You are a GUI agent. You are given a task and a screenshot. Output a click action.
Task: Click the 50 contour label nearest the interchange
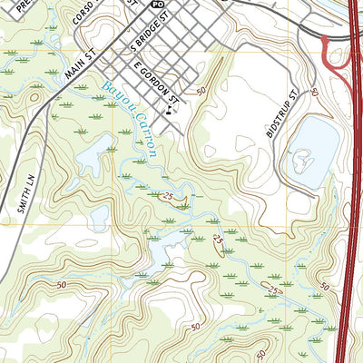(314, 93)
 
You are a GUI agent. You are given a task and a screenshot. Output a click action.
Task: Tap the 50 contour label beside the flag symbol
(200, 91)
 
